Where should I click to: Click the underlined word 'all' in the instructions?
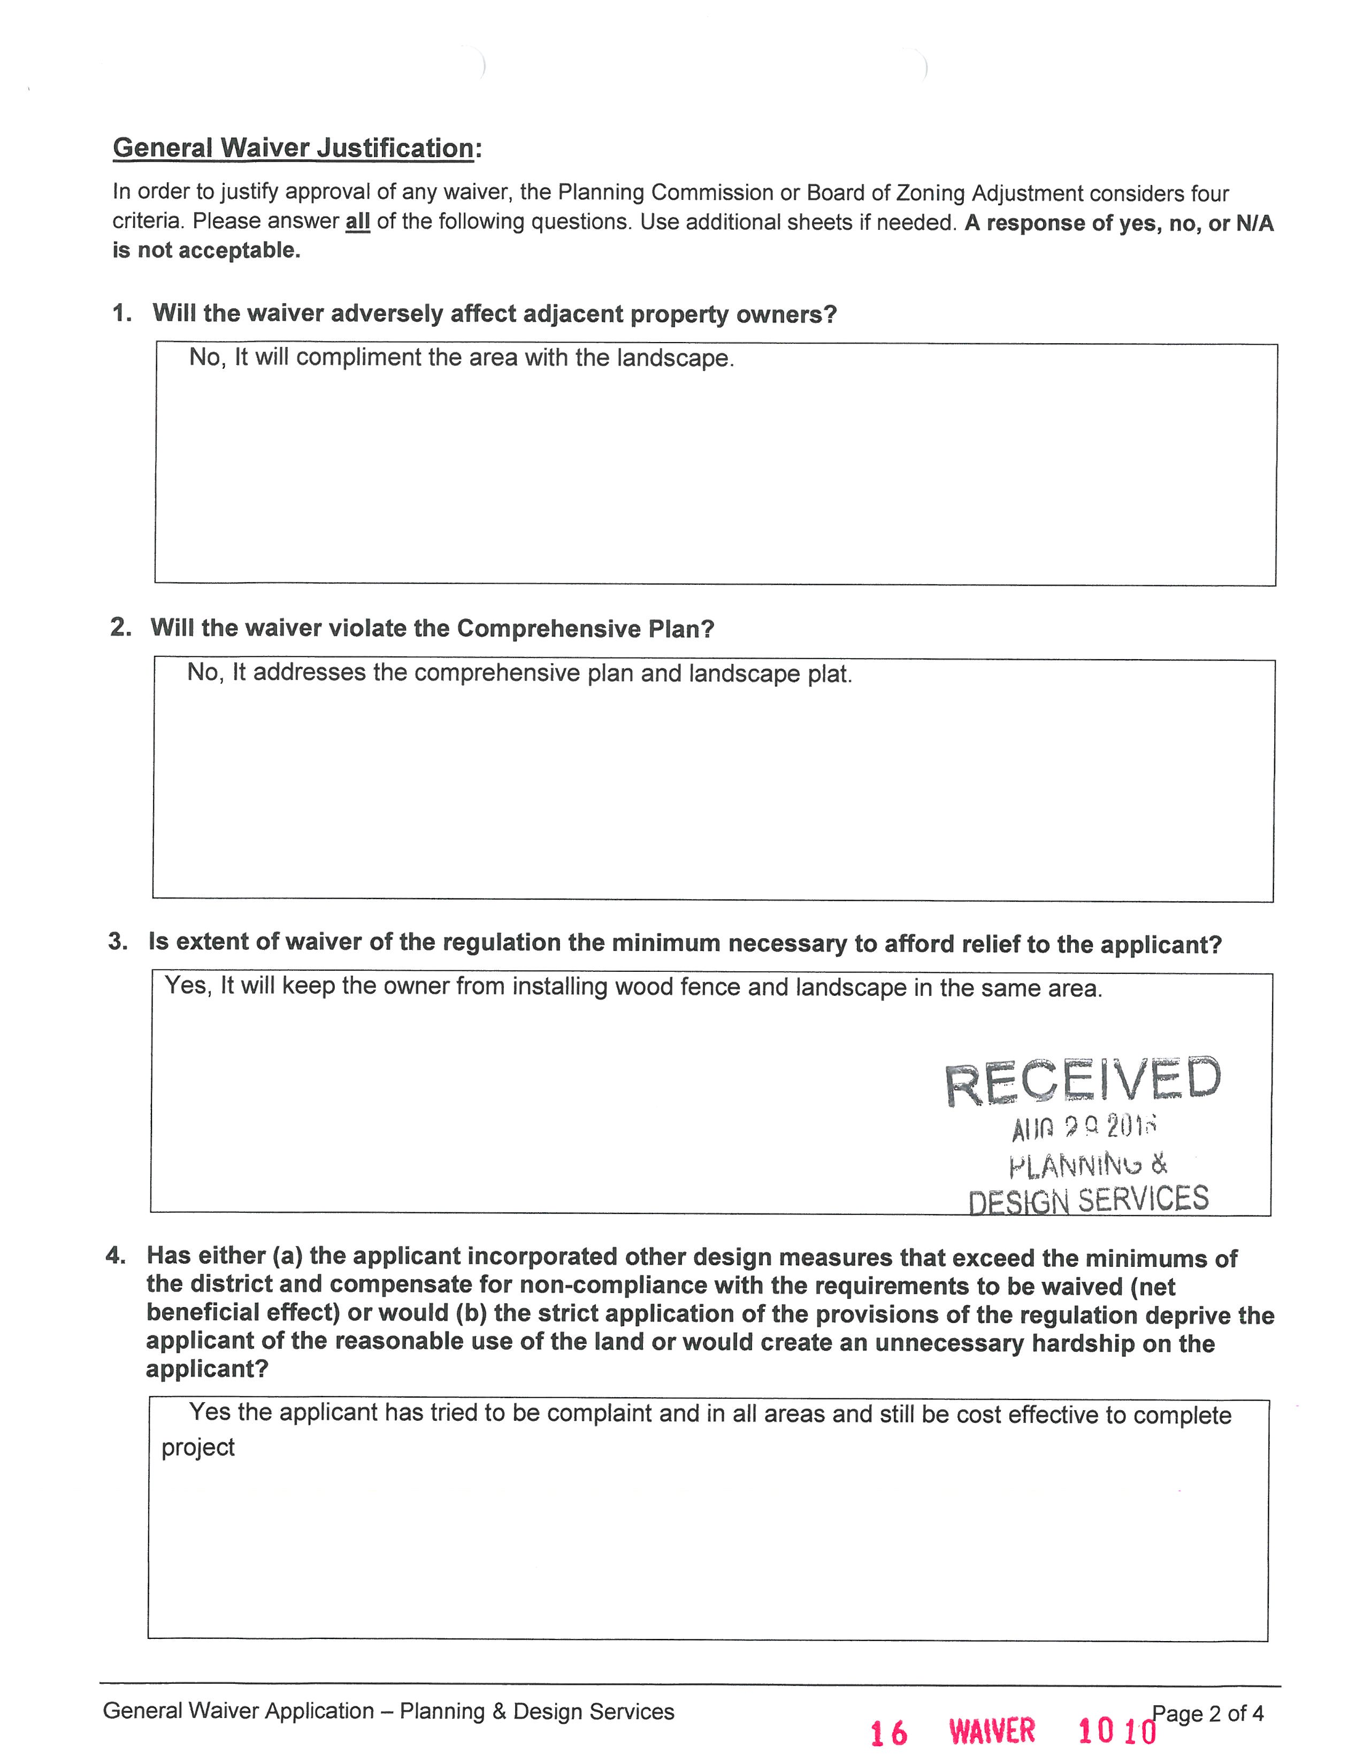click(x=357, y=221)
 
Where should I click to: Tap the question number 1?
click(x=121, y=313)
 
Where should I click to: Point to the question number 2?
click(x=120, y=627)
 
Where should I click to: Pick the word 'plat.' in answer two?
click(x=830, y=673)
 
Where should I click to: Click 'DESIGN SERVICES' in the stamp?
click(x=1087, y=1200)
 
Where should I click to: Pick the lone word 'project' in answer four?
click(x=198, y=1448)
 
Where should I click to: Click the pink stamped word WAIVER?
click(x=992, y=1731)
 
